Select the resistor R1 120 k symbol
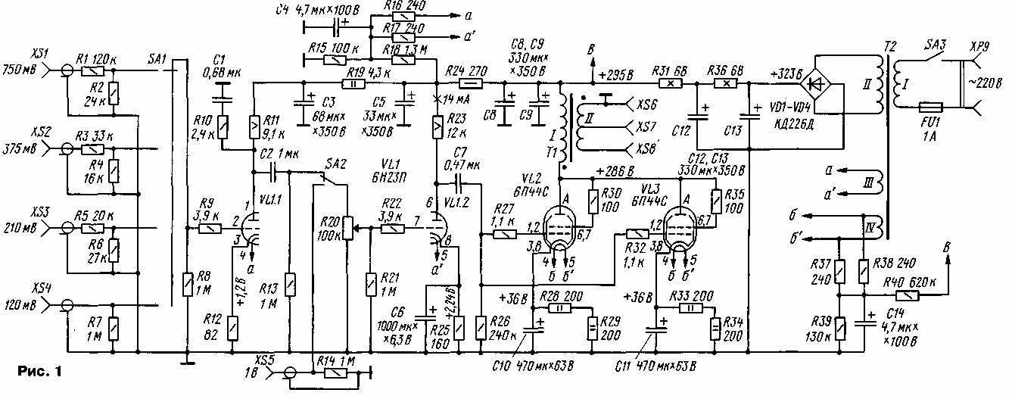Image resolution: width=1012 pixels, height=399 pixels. point(92,70)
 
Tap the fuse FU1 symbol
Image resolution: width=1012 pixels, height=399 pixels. point(926,108)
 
